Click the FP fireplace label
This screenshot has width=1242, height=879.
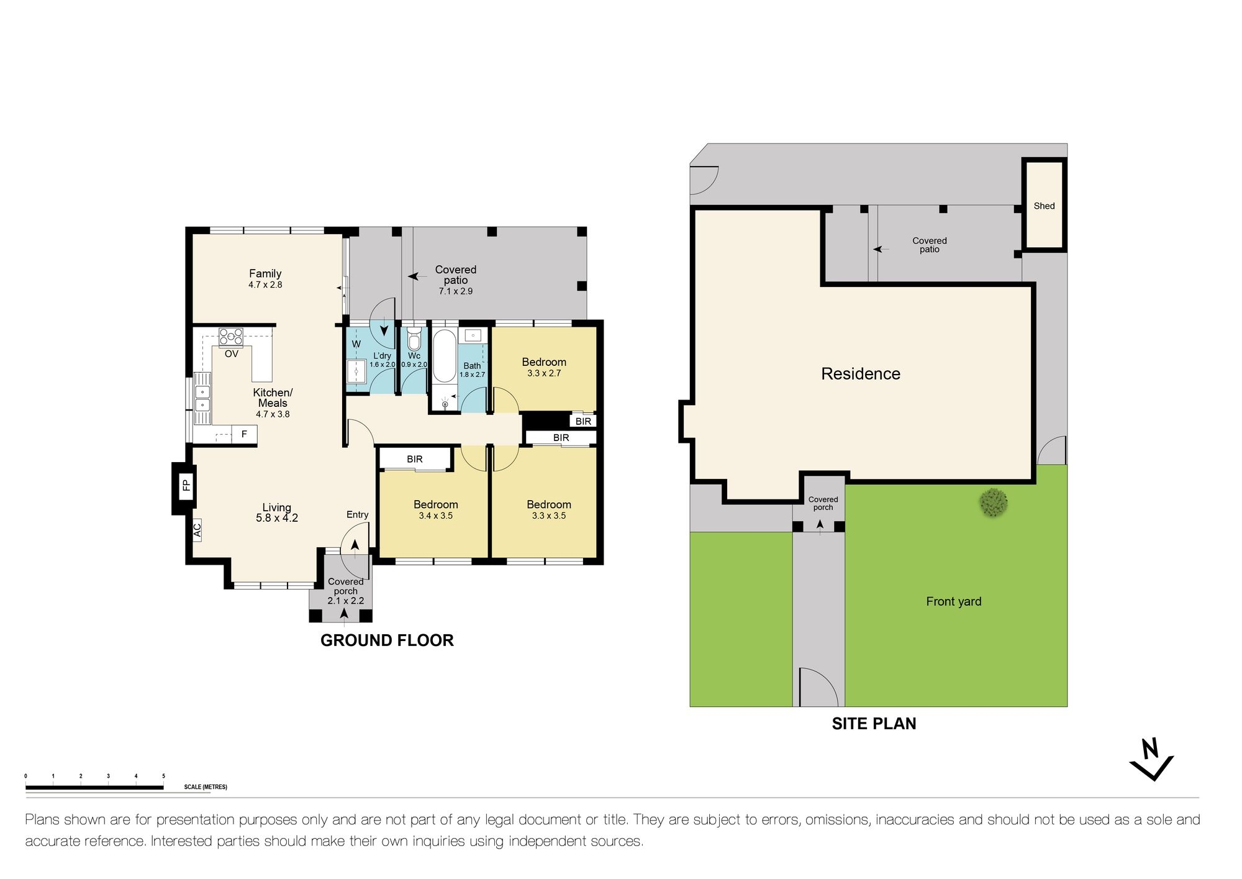pyautogui.click(x=186, y=485)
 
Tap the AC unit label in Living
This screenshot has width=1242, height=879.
pyautogui.click(x=197, y=530)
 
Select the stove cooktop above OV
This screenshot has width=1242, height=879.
pyautogui.click(x=231, y=337)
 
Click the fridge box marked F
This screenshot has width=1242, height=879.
pyautogui.click(x=244, y=434)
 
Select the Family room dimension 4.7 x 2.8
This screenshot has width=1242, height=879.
pyautogui.click(x=265, y=285)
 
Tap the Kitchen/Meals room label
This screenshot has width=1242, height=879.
pyautogui.click(x=273, y=398)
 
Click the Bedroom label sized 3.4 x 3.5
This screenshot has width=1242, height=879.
pyautogui.click(x=435, y=504)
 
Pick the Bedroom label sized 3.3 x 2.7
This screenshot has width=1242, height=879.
pyautogui.click(x=544, y=362)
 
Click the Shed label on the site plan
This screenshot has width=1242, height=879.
pyautogui.click(x=1044, y=206)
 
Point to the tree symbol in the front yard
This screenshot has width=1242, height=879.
pyautogui.click(x=993, y=503)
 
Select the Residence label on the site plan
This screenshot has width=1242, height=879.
pyautogui.click(x=860, y=374)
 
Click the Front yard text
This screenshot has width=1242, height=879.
pyautogui.click(x=953, y=601)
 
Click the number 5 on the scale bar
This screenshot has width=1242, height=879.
pyautogui.click(x=163, y=776)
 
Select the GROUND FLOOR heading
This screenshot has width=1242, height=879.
pyautogui.click(x=387, y=640)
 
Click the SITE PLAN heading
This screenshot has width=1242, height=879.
pyautogui.click(x=874, y=724)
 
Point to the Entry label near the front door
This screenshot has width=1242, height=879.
pyautogui.click(x=357, y=514)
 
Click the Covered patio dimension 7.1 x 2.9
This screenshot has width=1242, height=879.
pyautogui.click(x=455, y=291)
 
